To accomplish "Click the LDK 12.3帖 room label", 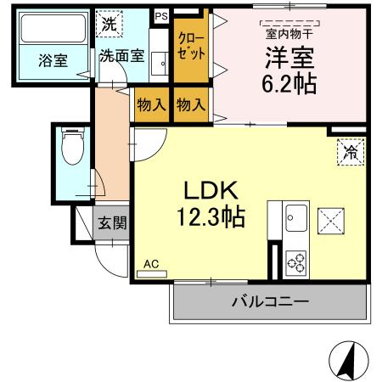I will pos(211,204).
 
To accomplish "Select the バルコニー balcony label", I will pos(270,301).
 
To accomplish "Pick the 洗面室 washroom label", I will pos(121,57).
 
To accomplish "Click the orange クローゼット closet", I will pos(192,46).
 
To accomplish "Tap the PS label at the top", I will pos(160,15).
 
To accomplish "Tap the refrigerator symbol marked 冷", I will pos(349,153).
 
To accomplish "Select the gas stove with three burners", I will pos(297,262).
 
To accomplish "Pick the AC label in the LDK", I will pos(151,264).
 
